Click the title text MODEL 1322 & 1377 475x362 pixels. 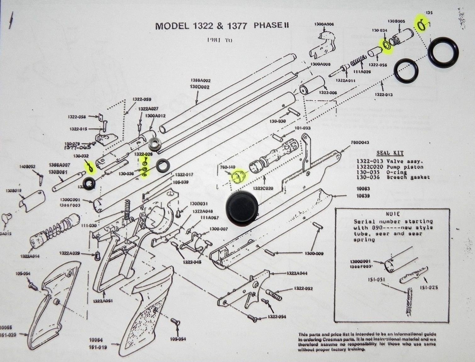[x=201, y=26]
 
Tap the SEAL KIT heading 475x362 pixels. [x=390, y=153]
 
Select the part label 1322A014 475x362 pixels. [x=30, y=256]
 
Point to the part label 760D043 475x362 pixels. [x=360, y=142]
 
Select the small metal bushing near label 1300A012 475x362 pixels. [x=155, y=144]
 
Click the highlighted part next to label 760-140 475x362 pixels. [x=238, y=176]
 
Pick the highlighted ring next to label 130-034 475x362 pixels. [x=386, y=45]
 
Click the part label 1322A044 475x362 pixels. [x=297, y=273]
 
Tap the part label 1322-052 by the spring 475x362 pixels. [x=303, y=288]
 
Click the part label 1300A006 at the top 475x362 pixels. [x=324, y=24]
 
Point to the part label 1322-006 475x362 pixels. [x=328, y=93]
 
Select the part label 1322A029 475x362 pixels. [x=70, y=253]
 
